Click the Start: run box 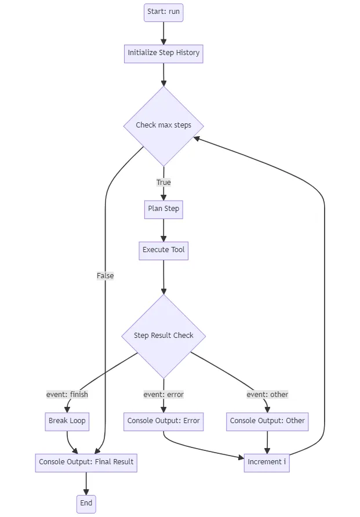point(163,12)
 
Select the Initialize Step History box point(163,53)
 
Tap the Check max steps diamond point(163,125)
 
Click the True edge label point(163,183)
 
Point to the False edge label point(106,276)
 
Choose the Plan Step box point(163,209)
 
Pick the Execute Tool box point(163,250)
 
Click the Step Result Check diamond point(163,336)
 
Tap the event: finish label point(67,395)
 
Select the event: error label point(163,395)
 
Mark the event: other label point(267,395)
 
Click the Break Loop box point(67,421)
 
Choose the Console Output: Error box point(163,421)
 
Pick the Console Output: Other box point(267,421)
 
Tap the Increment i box point(267,462)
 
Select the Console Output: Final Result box point(86,462)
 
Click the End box point(86,503)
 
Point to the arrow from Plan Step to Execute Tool point(163,230)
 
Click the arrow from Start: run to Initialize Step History point(163,32)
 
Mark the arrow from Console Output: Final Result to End point(86,483)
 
